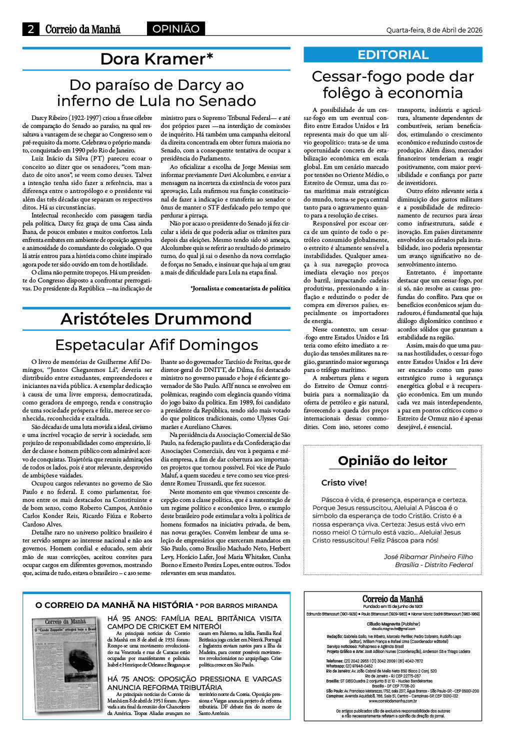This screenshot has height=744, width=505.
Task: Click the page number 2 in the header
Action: (x=31, y=29)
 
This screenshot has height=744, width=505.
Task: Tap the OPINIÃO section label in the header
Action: (x=176, y=29)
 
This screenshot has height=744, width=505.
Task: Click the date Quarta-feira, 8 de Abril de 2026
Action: (x=434, y=30)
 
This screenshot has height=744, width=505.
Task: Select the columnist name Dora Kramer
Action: (x=156, y=59)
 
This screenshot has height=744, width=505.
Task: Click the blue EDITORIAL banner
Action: (x=393, y=55)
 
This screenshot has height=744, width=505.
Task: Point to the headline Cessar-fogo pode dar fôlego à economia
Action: (x=393, y=84)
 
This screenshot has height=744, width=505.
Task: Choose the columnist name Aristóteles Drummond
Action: (x=156, y=319)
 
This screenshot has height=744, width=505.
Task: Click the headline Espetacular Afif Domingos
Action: (x=156, y=345)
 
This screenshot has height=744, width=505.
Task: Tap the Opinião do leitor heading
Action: (x=392, y=460)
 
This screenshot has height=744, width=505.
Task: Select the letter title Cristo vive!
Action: (x=344, y=482)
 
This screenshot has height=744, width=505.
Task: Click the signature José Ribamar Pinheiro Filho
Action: (x=428, y=556)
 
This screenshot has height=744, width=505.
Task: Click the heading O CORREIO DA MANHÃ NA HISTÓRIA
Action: (x=114, y=605)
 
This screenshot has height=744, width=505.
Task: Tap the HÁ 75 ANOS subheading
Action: (x=194, y=683)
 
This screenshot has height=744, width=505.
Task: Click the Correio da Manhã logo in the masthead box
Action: (x=392, y=599)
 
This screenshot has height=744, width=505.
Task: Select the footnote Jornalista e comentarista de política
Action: (x=240, y=288)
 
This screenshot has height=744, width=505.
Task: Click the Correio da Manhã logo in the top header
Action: (x=83, y=29)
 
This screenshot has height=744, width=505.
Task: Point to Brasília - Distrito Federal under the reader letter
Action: (x=433, y=564)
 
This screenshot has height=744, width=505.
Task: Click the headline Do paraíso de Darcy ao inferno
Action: (x=156, y=93)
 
